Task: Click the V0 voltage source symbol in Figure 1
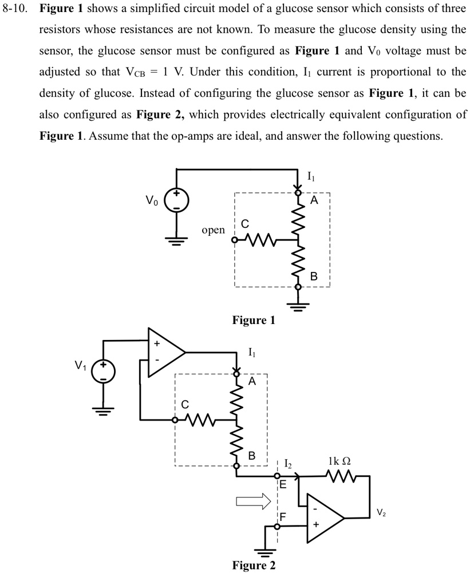pos(176,201)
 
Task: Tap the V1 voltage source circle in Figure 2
pos(104,372)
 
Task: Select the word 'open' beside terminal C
pos(213,230)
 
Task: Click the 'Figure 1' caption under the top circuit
pos(253,321)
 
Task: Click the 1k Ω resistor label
pos(339,461)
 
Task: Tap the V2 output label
pos(381,512)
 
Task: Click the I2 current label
pos(287,465)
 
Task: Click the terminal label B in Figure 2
pos(251,456)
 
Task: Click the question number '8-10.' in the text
pos(17,11)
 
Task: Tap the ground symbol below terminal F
pos(265,552)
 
